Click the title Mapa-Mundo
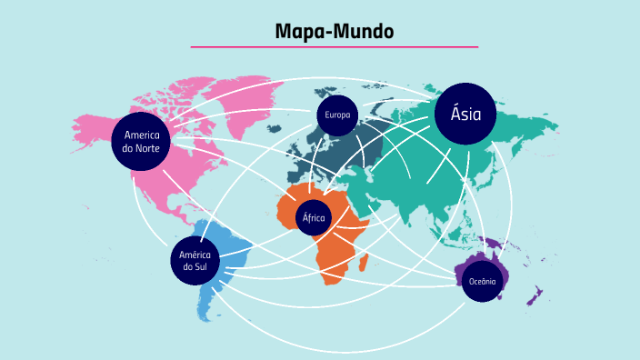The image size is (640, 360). click(335, 32)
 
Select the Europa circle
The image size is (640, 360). click(336, 115)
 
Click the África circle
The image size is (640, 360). click(314, 217)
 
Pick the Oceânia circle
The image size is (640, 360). click(482, 282)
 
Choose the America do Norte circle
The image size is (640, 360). click(141, 142)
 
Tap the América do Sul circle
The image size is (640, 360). click(195, 260)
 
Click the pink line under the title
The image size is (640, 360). click(335, 46)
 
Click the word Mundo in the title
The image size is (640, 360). click(364, 32)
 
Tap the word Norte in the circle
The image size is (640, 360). click(147, 149)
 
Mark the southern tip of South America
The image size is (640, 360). click(208, 318)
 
